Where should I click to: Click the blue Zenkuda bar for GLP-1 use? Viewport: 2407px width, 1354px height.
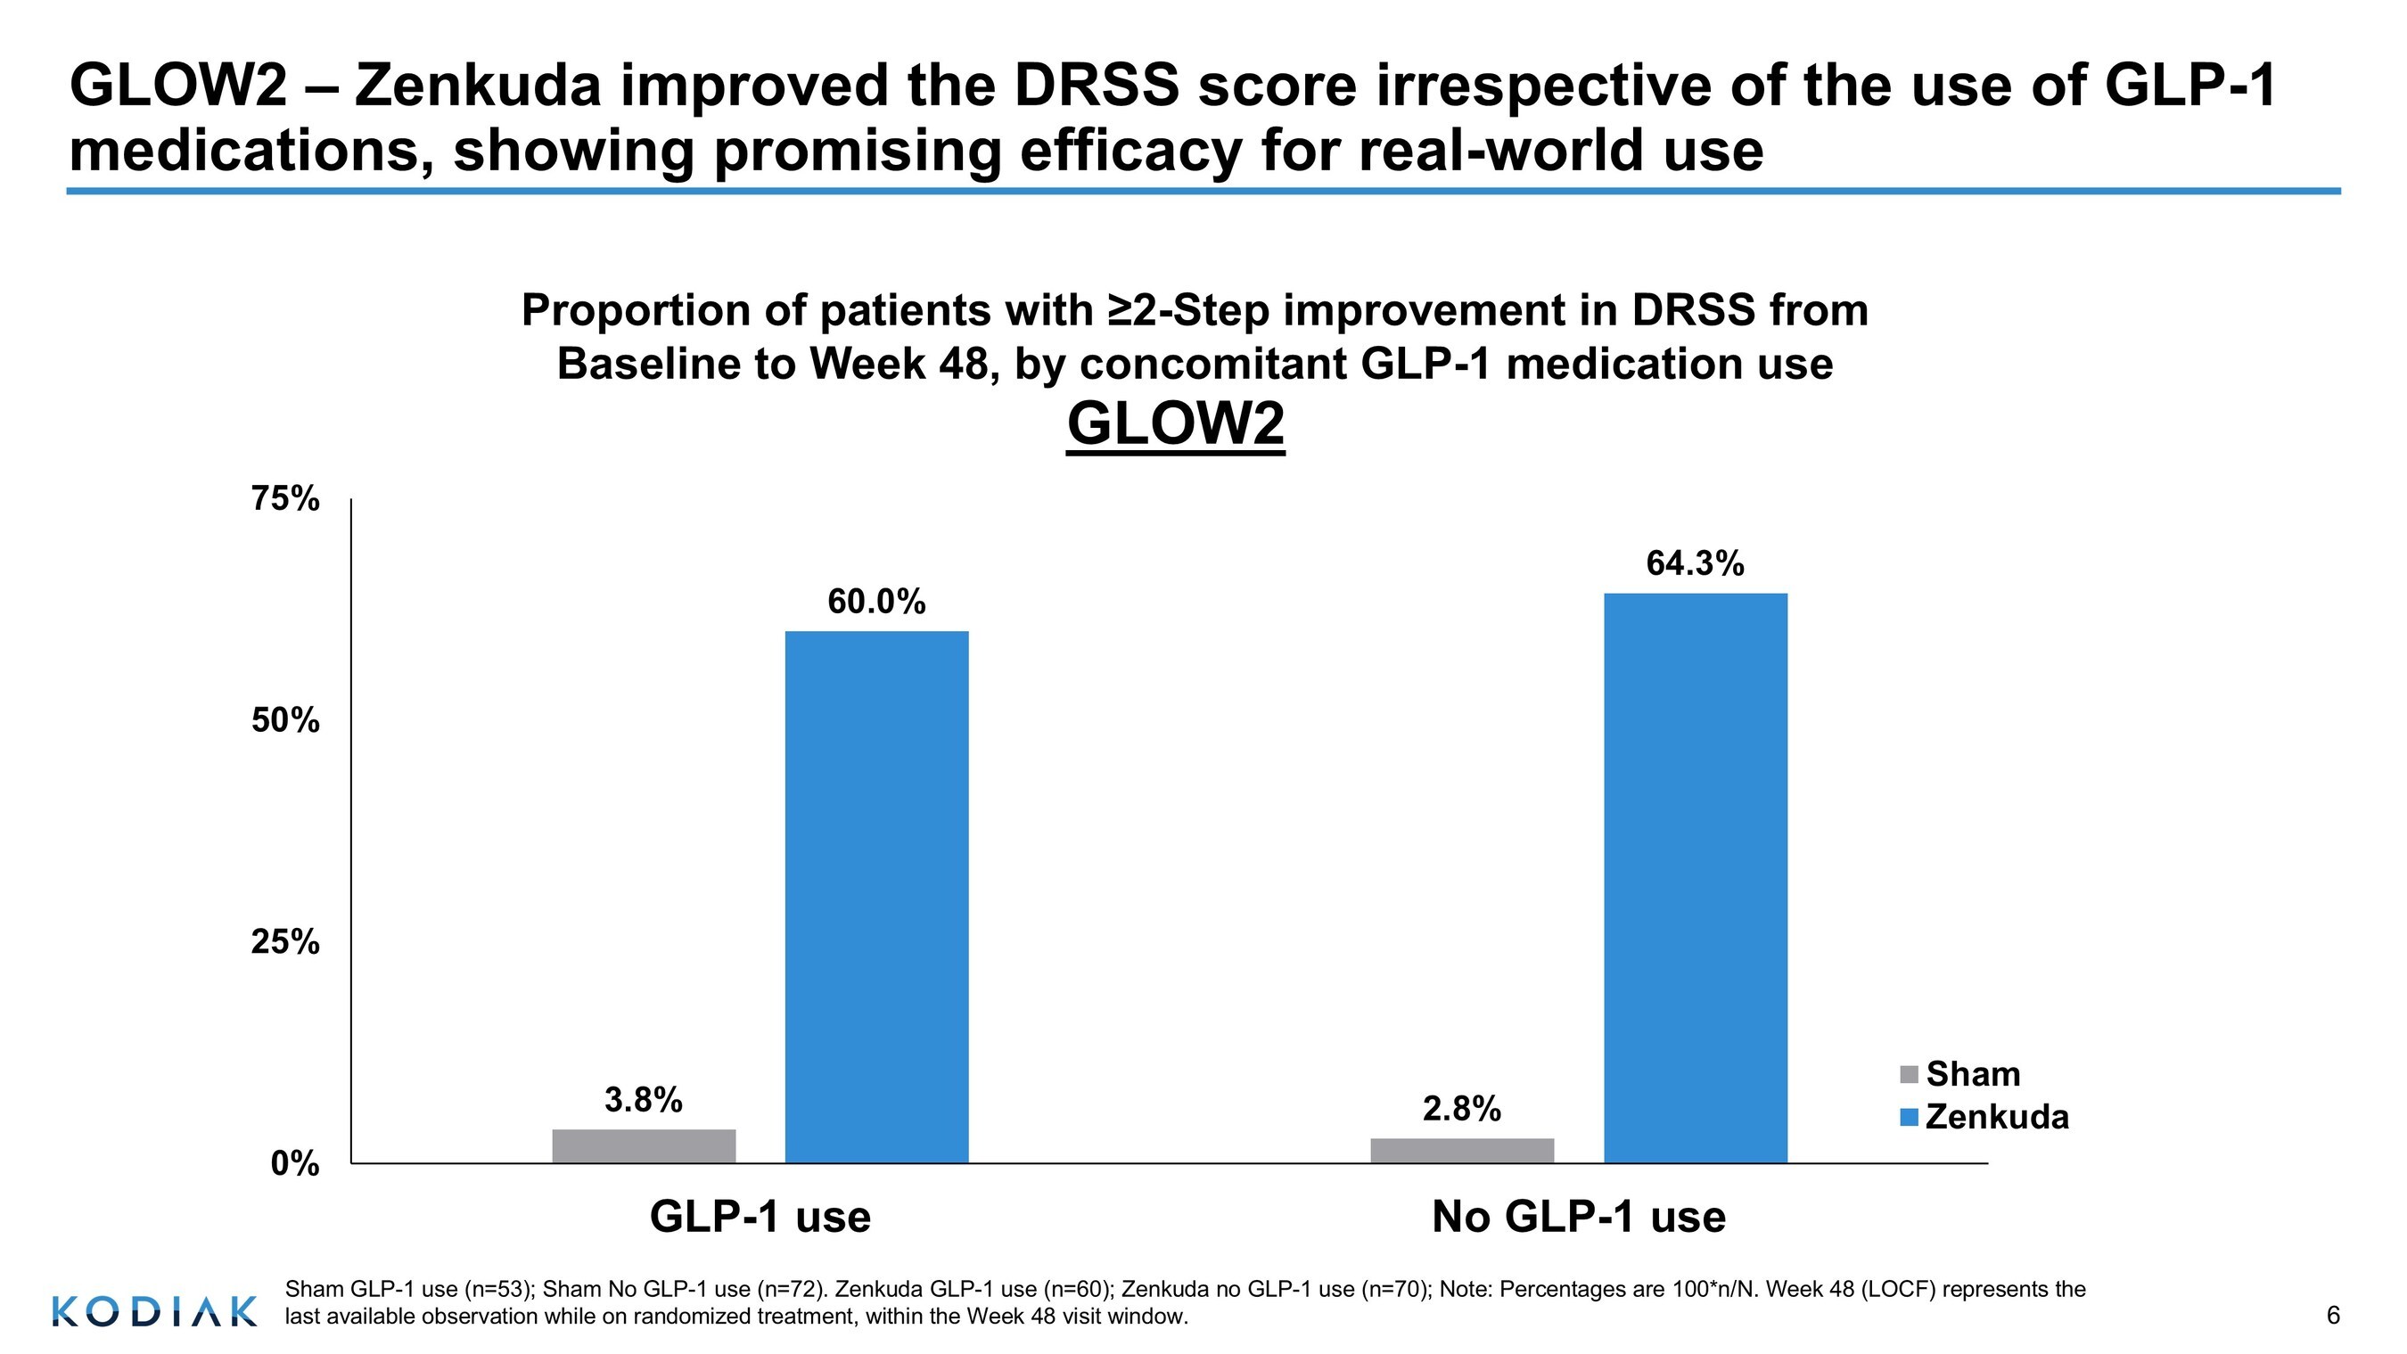(x=876, y=897)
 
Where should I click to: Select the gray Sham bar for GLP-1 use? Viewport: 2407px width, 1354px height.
(x=644, y=1145)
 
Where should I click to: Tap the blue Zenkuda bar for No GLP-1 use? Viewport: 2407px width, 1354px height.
(x=1695, y=878)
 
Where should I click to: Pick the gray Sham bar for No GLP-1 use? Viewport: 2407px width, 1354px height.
(x=1462, y=1150)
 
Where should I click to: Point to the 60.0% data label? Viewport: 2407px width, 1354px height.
(x=876, y=602)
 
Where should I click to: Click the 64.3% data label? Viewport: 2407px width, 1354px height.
(x=1695, y=563)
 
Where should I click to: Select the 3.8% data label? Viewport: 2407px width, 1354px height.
(x=644, y=1100)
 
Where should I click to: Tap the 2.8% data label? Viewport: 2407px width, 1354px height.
(x=1462, y=1109)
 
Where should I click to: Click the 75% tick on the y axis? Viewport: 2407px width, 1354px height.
(x=285, y=499)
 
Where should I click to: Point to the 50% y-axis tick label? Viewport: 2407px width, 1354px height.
(x=285, y=720)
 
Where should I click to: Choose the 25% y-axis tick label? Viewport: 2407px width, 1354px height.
(x=285, y=942)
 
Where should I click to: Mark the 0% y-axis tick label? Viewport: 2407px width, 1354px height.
(x=295, y=1164)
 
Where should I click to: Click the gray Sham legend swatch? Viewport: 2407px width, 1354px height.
(x=1909, y=1075)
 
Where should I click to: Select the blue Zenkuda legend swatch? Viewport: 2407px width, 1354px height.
(x=1909, y=1118)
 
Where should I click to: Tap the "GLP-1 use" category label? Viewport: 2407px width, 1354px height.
(x=760, y=1217)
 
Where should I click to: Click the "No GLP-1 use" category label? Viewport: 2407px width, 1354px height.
(x=1579, y=1217)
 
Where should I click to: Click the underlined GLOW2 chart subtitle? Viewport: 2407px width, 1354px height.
(x=1176, y=424)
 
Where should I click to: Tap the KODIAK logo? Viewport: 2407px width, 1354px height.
(x=154, y=1311)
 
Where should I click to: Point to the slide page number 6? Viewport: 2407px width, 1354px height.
(x=2332, y=1316)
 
